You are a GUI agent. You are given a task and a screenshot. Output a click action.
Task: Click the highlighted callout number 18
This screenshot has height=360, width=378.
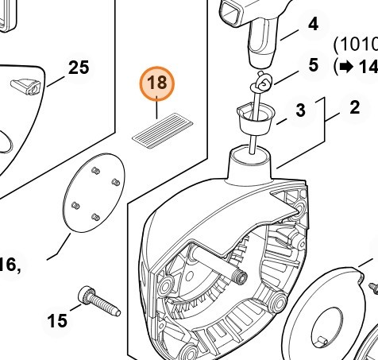(x=157, y=83)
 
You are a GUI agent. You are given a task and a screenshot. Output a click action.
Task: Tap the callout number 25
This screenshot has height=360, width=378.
(x=79, y=68)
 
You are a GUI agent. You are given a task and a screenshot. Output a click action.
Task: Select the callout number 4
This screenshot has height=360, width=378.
(x=313, y=24)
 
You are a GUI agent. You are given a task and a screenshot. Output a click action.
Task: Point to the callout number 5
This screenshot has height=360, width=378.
(x=313, y=65)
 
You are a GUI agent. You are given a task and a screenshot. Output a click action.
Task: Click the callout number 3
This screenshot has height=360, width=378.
(x=300, y=110)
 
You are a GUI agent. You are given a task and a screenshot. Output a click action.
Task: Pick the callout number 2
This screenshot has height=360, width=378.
(x=355, y=107)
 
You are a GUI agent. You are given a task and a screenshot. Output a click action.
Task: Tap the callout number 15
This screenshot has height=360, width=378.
(x=57, y=321)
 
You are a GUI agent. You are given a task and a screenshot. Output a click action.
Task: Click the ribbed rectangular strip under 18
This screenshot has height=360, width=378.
(x=163, y=130)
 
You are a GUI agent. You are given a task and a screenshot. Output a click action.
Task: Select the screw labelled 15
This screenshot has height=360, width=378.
(x=99, y=301)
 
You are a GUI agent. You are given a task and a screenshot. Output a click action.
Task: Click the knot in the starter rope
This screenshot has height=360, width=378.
(x=261, y=83)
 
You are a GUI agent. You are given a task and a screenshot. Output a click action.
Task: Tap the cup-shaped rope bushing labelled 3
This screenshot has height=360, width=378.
(x=256, y=119)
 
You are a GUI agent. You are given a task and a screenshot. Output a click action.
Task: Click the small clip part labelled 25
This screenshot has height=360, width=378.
(x=26, y=87)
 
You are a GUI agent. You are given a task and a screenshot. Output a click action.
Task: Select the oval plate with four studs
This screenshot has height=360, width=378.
(x=94, y=192)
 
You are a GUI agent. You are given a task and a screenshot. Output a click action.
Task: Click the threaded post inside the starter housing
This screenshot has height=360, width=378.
(x=240, y=277)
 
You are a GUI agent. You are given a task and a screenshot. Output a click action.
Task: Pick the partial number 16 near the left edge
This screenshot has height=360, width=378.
(x=9, y=265)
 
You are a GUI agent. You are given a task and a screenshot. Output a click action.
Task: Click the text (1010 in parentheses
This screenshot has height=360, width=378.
(x=356, y=45)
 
